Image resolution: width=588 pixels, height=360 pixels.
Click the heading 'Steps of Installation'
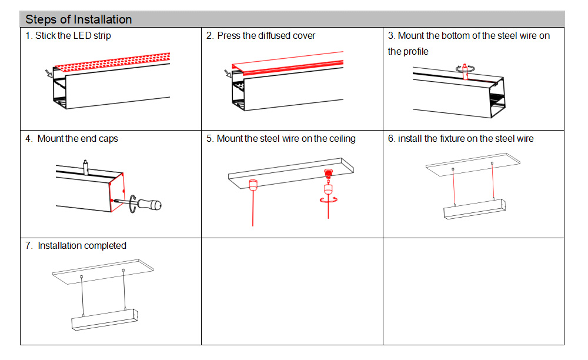tap(79, 19)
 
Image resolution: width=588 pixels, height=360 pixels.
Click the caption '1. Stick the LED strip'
tap(68, 35)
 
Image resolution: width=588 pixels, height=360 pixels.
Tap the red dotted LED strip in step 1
tap(112, 61)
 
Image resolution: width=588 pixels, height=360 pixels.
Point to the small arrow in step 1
tap(48, 73)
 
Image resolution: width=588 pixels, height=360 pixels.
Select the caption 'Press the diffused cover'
tap(266, 35)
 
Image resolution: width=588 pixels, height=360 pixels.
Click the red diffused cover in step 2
tap(288, 63)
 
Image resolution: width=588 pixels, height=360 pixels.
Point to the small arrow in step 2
tap(228, 74)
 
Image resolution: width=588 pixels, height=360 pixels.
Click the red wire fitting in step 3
tap(464, 70)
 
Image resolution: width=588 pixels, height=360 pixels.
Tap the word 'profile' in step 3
tap(415, 51)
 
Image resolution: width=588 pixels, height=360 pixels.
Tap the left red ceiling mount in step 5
tap(253, 184)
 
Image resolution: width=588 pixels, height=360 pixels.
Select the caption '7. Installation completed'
tap(76, 245)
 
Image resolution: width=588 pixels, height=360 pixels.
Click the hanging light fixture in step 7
tap(104, 318)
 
